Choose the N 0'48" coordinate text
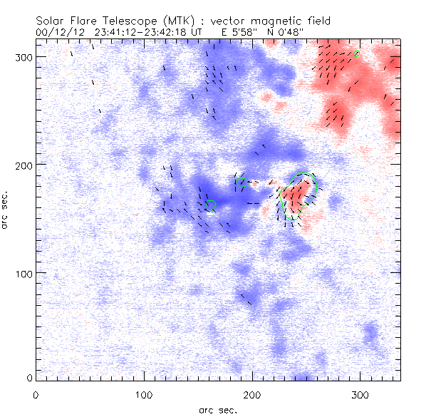pos(270,32)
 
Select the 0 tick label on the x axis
pos(36,394)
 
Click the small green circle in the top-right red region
pos(357,53)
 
